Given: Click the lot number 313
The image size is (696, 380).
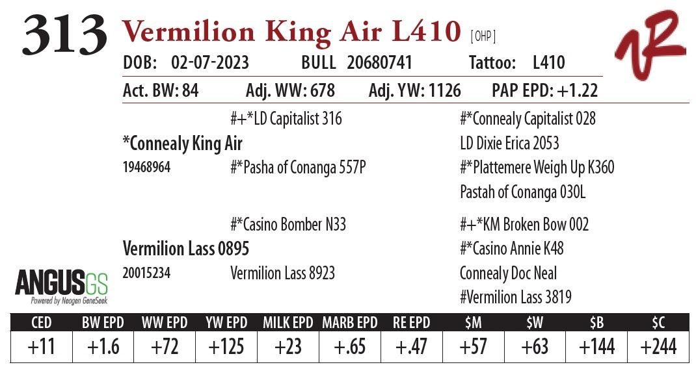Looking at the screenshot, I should [x=64, y=34].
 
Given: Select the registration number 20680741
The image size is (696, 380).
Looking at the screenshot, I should [x=379, y=63].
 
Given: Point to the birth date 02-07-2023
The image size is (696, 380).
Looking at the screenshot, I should [x=210, y=63].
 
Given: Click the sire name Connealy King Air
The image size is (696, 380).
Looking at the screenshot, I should [x=182, y=144].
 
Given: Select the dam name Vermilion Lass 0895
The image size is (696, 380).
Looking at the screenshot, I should [x=186, y=249].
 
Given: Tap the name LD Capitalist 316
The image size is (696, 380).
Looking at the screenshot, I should [x=286, y=119].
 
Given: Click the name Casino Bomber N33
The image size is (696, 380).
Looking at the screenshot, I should [x=288, y=225].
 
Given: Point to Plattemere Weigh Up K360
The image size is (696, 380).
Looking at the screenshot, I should [x=537, y=168].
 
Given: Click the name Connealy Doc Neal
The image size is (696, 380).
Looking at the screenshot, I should [x=508, y=273].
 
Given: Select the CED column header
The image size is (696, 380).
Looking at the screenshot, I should [x=41, y=323].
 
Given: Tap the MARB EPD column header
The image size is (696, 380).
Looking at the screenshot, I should [x=349, y=323].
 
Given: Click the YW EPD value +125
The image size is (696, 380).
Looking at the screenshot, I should [x=226, y=347].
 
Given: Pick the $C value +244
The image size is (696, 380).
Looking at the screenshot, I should [x=658, y=347].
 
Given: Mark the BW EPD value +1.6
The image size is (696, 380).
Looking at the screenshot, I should [x=103, y=347].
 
